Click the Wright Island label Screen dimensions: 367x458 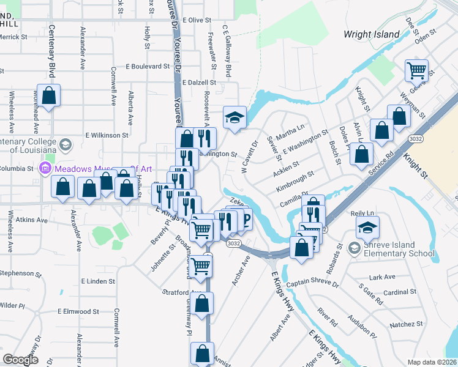pyautogui.click(x=372, y=34)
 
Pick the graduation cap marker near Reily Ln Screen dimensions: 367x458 pyautogui.click(x=367, y=228)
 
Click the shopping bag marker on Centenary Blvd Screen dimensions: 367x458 pyautogui.click(x=49, y=95)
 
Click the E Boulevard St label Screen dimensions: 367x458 pyautogui.click(x=148, y=66)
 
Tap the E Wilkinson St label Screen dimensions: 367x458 pyautogui.click(x=107, y=135)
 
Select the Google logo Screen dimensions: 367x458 pyautogui.click(x=21, y=360)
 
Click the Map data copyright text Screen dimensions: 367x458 pyautogui.click(x=432, y=362)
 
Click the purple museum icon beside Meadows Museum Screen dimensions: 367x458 pyautogui.click(x=44, y=168)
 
